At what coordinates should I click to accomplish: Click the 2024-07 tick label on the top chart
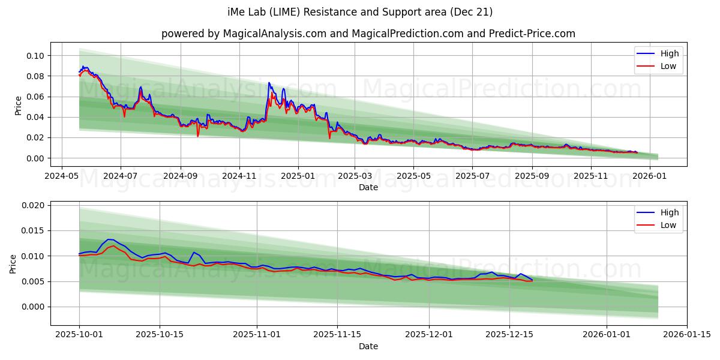click(x=120, y=176)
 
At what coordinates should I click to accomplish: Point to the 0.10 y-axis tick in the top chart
click(x=35, y=56)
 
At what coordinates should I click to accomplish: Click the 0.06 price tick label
click(x=35, y=97)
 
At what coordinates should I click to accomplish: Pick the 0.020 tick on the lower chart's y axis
click(x=34, y=205)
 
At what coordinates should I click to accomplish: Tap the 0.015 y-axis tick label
click(x=34, y=231)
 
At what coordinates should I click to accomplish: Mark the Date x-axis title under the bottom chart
click(x=368, y=346)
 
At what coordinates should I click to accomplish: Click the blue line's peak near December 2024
click(x=268, y=83)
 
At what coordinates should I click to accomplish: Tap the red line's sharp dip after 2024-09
click(x=197, y=136)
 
